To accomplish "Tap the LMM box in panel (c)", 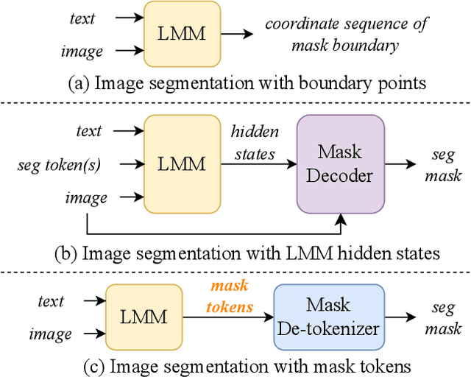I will click(x=144, y=317).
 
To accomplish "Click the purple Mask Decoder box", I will click(x=341, y=163).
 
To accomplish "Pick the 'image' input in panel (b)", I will click(x=87, y=197).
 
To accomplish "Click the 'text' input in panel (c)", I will click(x=52, y=301).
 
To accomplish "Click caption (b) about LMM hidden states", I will click(x=247, y=253).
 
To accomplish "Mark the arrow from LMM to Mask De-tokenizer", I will click(x=228, y=317).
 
